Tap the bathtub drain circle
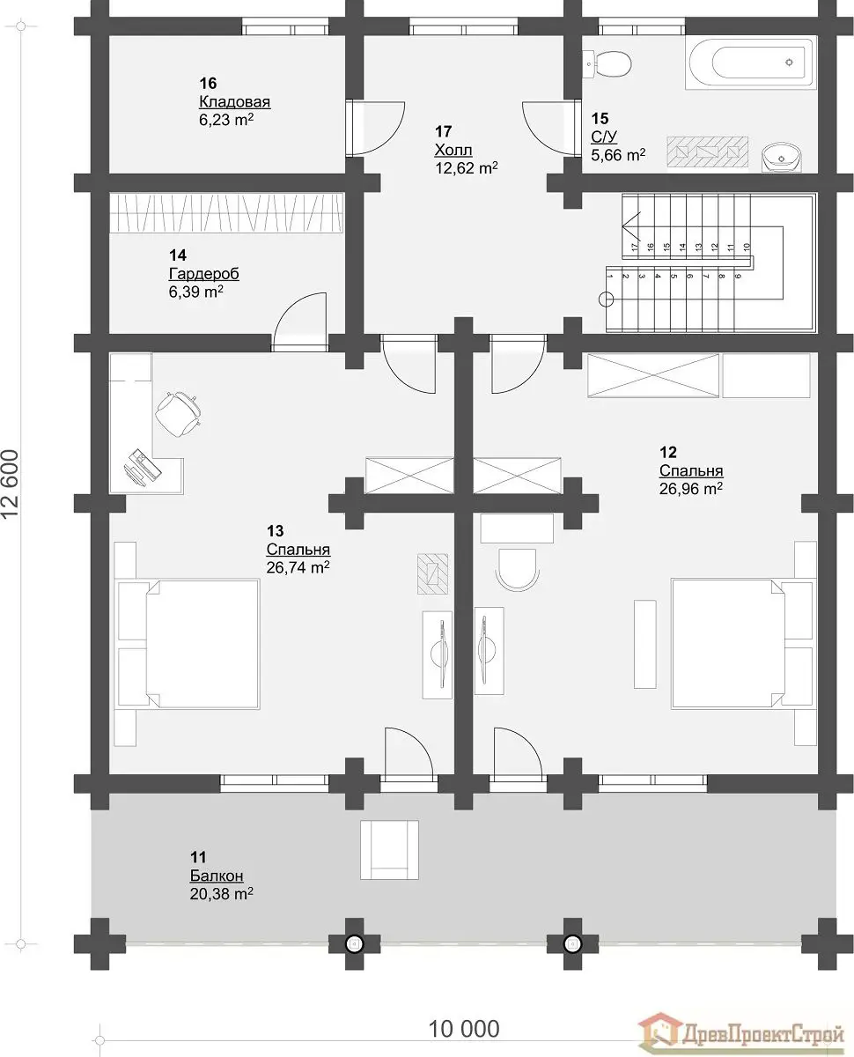pyautogui.click(x=789, y=63)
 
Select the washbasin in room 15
pyautogui.click(x=781, y=157)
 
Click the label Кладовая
pyautogui.click(x=234, y=101)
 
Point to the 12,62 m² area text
pyautogui.click(x=467, y=168)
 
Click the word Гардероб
pyautogui.click(x=204, y=273)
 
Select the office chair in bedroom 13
pyautogui.click(x=178, y=413)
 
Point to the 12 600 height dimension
pyautogui.click(x=11, y=484)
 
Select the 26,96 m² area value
pyautogui.click(x=691, y=489)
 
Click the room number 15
pyautogui.click(x=600, y=119)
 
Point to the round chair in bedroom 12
pyautogui.click(x=518, y=570)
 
